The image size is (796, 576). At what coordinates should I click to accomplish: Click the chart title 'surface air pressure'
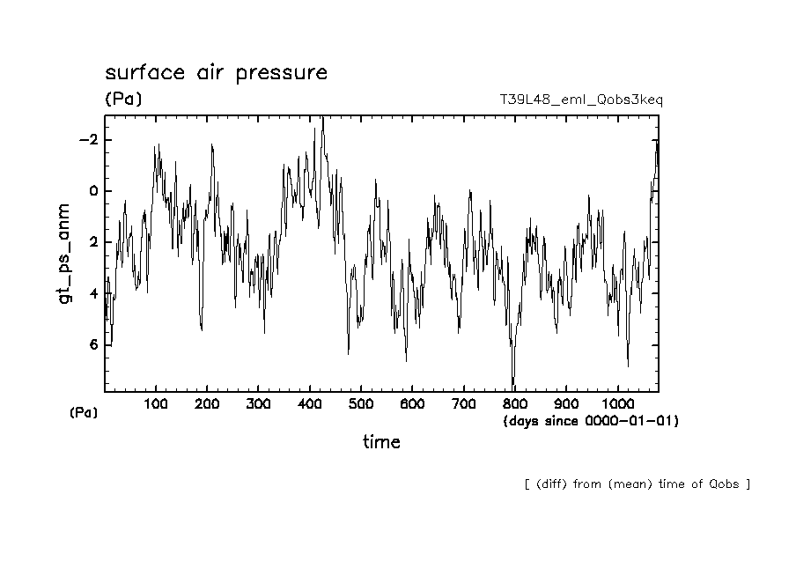tap(216, 73)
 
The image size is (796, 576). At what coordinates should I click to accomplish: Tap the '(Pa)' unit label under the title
tap(123, 100)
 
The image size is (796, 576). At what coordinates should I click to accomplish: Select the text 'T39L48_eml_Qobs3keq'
tap(580, 100)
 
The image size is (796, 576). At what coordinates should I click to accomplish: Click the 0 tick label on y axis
tap(92, 191)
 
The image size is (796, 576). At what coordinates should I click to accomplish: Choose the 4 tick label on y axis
tap(92, 293)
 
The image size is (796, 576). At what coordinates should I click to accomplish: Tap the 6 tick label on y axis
tap(92, 344)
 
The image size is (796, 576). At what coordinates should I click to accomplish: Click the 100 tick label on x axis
tap(156, 404)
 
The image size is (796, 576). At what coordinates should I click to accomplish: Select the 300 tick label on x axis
tap(258, 404)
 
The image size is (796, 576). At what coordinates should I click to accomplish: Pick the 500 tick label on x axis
tap(361, 404)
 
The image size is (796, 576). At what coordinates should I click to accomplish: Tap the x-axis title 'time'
tap(381, 442)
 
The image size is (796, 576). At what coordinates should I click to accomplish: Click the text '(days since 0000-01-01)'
tap(590, 421)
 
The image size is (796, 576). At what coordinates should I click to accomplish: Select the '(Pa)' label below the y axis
tap(84, 412)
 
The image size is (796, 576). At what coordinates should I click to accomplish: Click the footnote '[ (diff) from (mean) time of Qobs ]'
tap(637, 484)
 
